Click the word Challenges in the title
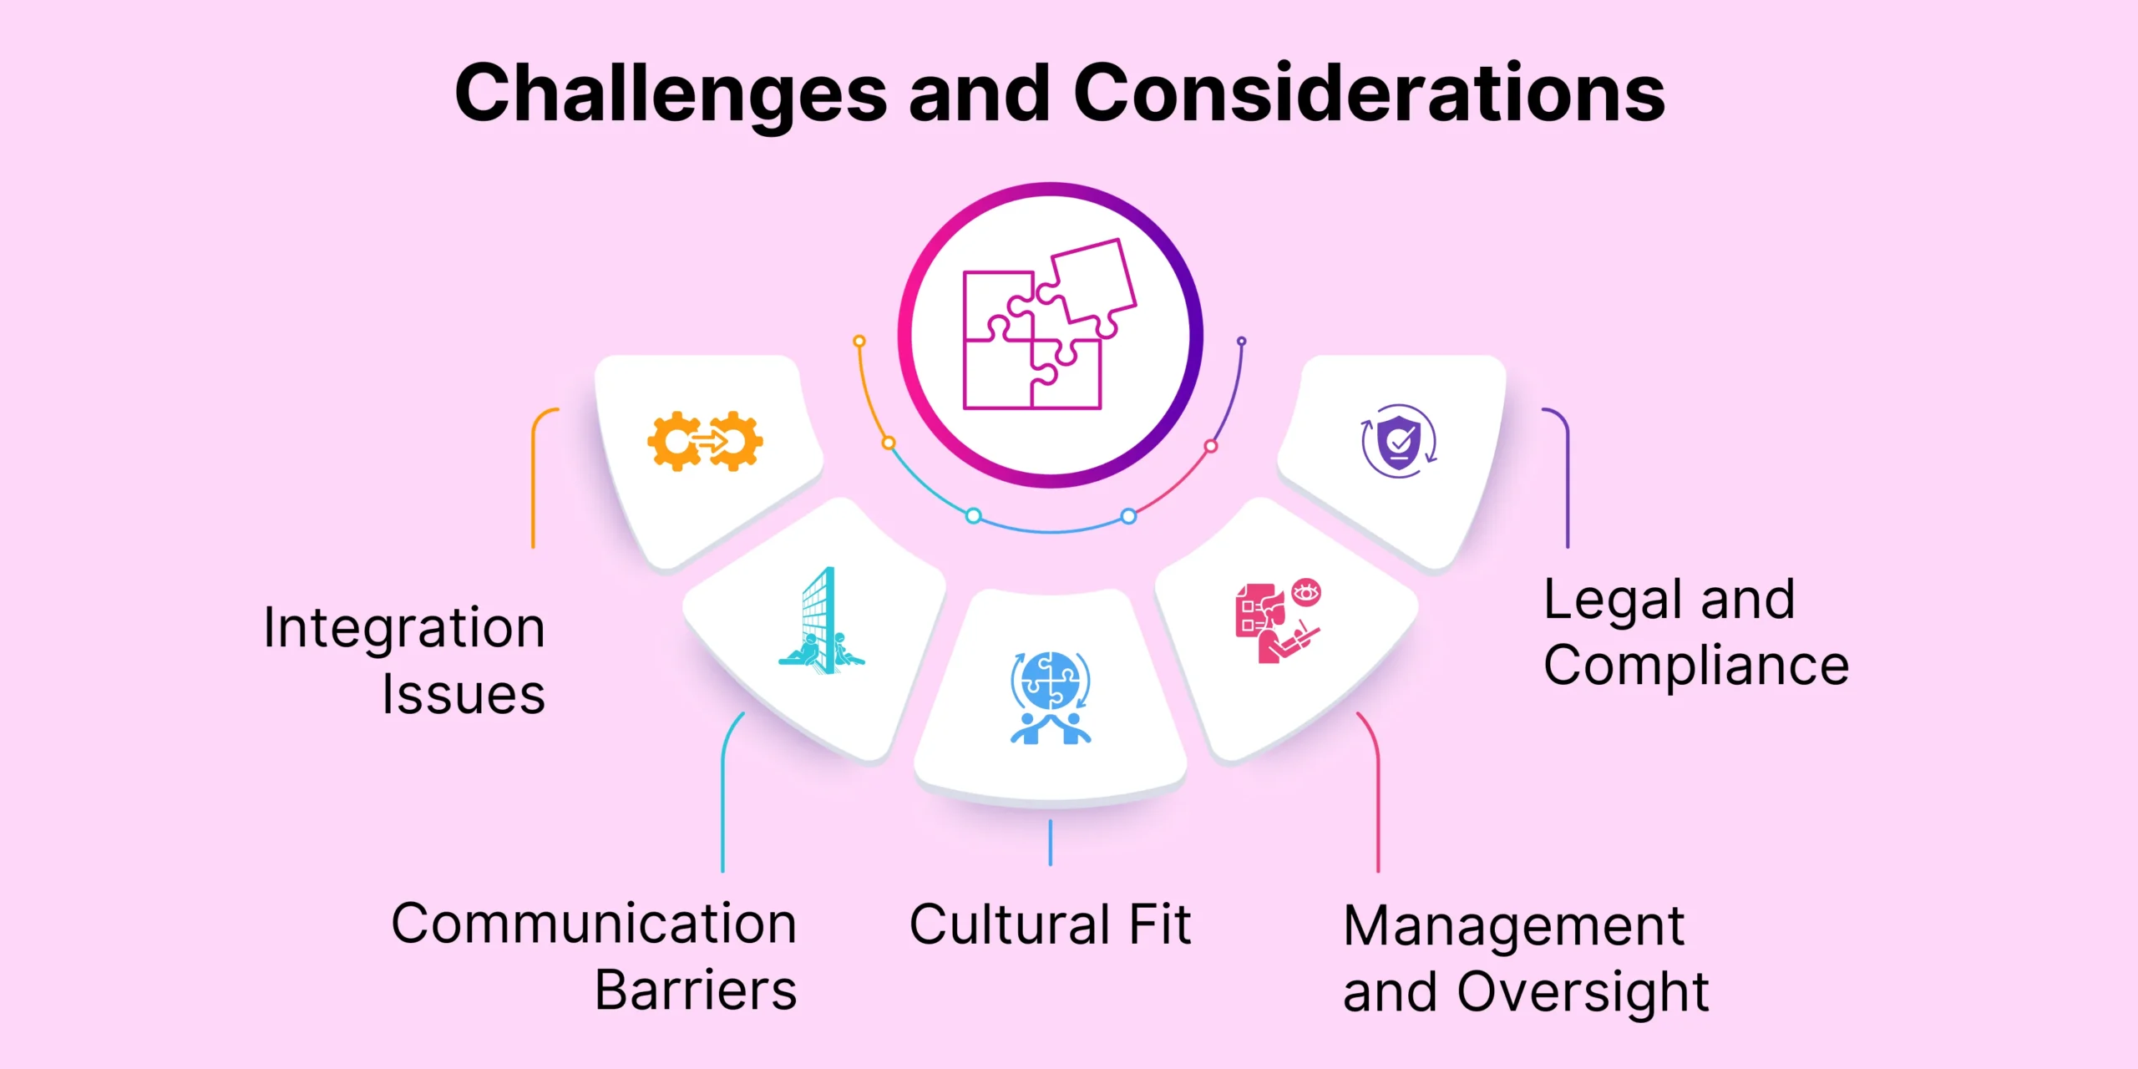[671, 94]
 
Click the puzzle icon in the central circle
[1050, 325]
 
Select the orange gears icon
[705, 441]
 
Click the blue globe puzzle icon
[1051, 697]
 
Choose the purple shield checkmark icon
[1399, 441]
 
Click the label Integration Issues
[404, 660]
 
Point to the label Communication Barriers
[594, 956]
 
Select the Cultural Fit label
[1050, 925]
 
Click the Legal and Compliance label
[1695, 631]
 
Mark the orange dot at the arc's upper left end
[859, 341]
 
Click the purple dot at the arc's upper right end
[1242, 341]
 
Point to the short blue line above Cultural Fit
[1051, 843]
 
